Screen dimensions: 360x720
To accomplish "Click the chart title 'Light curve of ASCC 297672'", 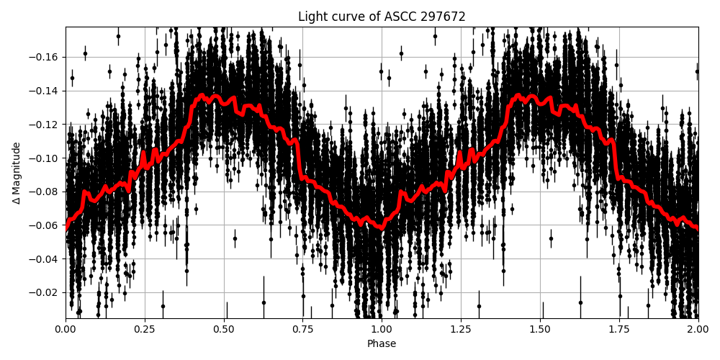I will click(x=382, y=17).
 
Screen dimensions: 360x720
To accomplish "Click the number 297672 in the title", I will click(x=444, y=17).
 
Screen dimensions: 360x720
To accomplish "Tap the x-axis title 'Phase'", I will click(x=382, y=344).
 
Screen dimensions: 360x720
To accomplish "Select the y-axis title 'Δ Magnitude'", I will click(x=17, y=173).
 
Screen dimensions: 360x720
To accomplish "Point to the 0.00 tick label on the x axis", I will click(x=66, y=330).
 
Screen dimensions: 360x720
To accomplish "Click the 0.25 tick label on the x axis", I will click(x=145, y=330).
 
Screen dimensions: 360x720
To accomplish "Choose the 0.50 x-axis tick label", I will click(x=224, y=330).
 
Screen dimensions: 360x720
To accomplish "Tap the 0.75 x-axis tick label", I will click(x=302, y=330).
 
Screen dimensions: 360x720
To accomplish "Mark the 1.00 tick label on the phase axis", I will click(x=382, y=330).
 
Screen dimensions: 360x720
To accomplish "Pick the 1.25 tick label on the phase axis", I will click(x=461, y=330).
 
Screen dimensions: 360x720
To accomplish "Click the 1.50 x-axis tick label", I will click(x=540, y=330).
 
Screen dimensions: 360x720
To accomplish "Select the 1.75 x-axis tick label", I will click(x=619, y=330).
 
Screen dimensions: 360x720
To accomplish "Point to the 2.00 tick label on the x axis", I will click(x=698, y=330).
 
